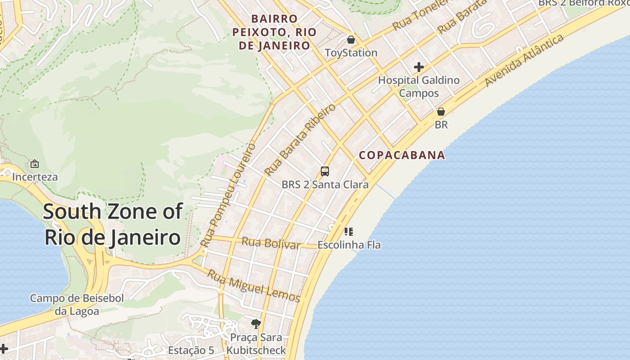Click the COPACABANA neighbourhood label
pyautogui.click(x=402, y=155)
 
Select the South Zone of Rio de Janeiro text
pyautogui.click(x=113, y=224)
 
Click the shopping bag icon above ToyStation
pyautogui.click(x=351, y=40)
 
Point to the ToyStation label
pyautogui.click(x=351, y=53)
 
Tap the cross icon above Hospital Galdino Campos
pyautogui.click(x=419, y=67)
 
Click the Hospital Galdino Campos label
pyautogui.click(x=419, y=86)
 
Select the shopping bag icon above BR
pyautogui.click(x=441, y=112)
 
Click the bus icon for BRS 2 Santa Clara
pyautogui.click(x=325, y=171)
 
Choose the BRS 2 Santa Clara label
pyautogui.click(x=325, y=184)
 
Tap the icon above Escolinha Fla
pyautogui.click(x=349, y=232)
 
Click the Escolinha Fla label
pyautogui.click(x=349, y=245)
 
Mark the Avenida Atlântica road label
pyautogui.click(x=524, y=60)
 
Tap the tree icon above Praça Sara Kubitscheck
pyautogui.click(x=256, y=324)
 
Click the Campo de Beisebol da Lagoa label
pyautogui.click(x=76, y=304)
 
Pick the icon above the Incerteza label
pyautogui.click(x=35, y=164)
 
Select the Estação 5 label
pyautogui.click(x=191, y=350)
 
